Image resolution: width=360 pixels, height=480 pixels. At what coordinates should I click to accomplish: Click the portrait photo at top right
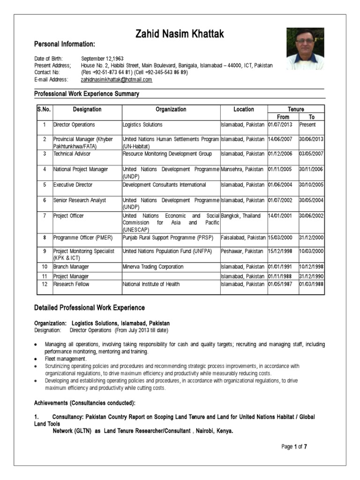[x=305, y=49]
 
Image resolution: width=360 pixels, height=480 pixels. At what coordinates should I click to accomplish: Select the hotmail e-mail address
[x=117, y=80]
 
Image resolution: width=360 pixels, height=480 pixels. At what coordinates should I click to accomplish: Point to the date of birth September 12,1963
[x=102, y=58]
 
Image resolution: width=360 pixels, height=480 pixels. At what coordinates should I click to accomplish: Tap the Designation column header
[x=87, y=109]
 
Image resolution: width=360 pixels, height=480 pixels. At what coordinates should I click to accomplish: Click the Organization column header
[x=171, y=109]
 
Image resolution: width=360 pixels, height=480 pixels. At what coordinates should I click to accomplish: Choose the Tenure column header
[x=296, y=109]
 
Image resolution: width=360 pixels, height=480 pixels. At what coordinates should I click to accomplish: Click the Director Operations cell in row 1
[x=74, y=125]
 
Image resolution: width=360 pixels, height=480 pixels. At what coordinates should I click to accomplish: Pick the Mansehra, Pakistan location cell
[x=242, y=169]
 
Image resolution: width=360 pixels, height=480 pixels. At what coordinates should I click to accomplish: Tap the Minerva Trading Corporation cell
[x=153, y=267]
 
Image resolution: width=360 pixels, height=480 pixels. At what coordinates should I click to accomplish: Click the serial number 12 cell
[x=45, y=284]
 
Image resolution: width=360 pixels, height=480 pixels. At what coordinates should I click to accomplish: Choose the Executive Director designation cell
[x=73, y=185]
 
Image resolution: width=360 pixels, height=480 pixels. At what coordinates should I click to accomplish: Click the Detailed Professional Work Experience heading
[x=90, y=308]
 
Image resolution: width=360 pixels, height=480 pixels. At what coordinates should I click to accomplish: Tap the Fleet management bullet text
[x=66, y=359]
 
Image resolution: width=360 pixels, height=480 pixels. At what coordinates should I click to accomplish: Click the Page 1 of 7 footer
[x=294, y=447]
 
